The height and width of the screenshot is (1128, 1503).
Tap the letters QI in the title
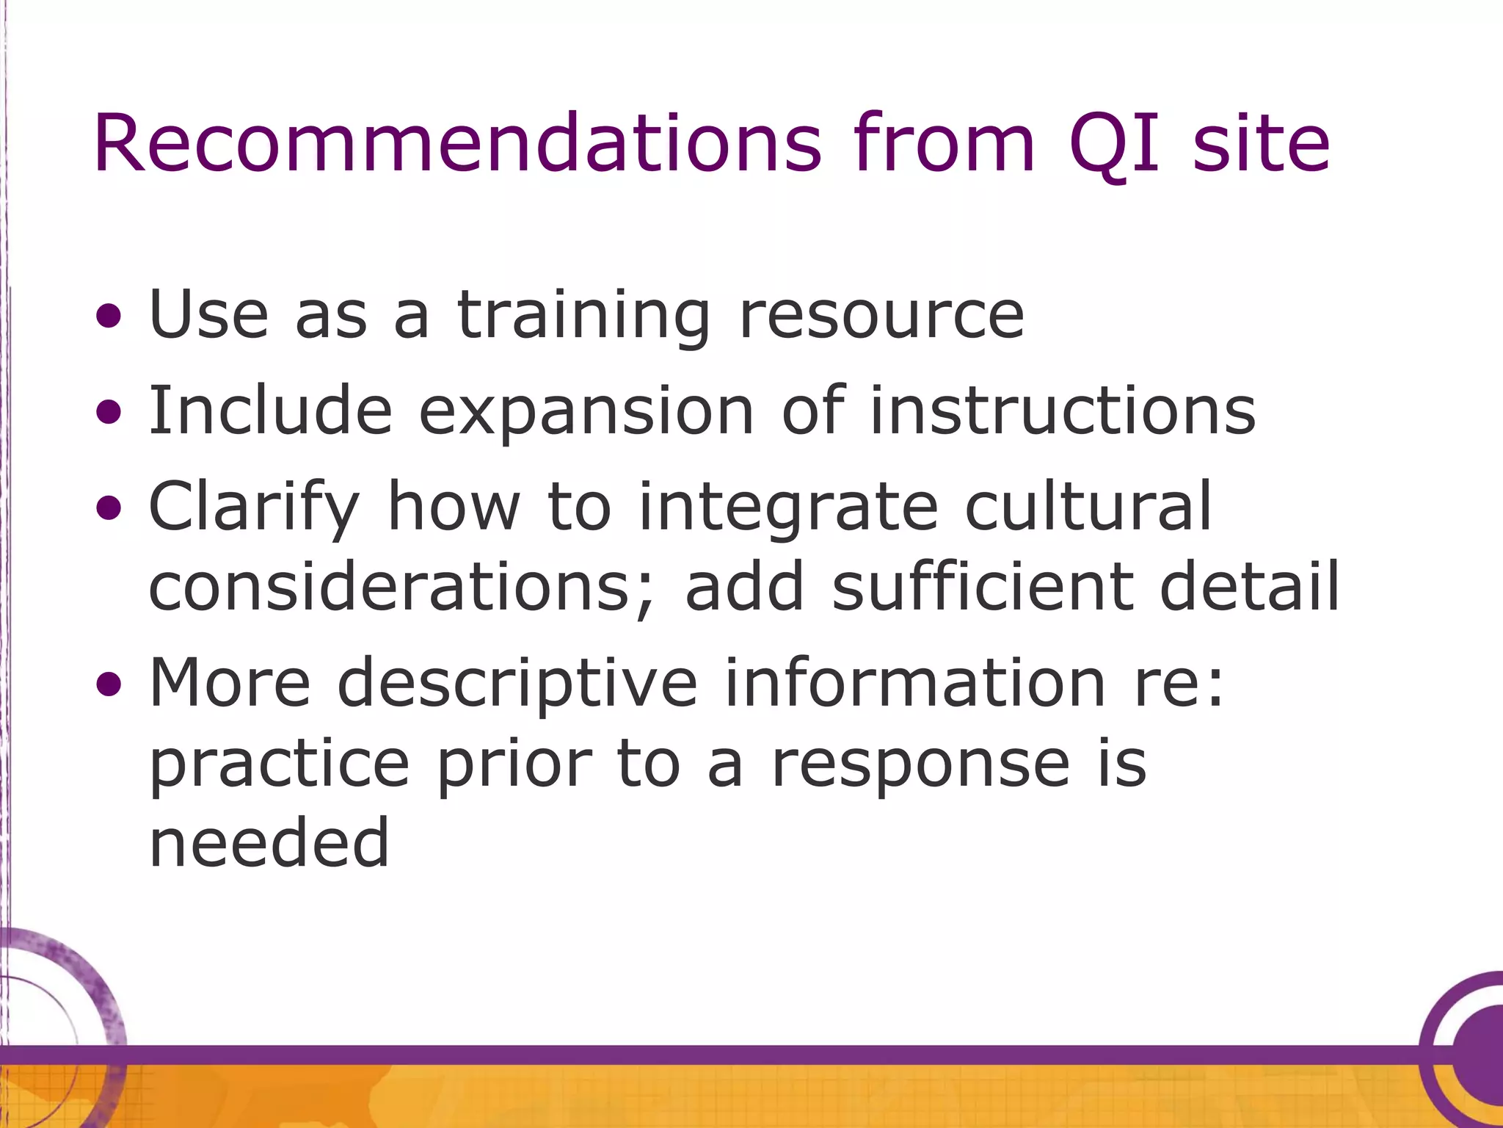[1114, 144]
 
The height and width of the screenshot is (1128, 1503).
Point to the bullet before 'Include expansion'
[109, 413]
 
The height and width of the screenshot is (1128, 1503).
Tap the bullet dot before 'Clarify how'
[109, 508]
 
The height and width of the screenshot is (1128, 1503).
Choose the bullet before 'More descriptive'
[109, 684]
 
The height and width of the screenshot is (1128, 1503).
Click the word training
[583, 316]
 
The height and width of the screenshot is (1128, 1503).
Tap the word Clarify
[254, 507]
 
